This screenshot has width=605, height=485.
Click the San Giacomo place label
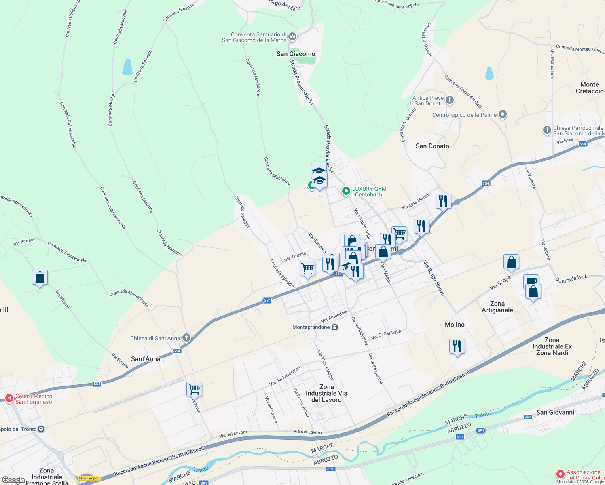(296, 54)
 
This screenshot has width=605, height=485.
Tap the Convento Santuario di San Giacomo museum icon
(292, 37)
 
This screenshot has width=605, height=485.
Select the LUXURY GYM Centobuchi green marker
(346, 191)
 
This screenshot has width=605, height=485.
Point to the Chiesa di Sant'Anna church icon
(186, 337)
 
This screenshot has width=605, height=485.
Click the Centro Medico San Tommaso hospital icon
(9, 399)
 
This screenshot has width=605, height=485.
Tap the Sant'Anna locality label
(146, 359)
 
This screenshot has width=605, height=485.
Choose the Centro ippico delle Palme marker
(503, 115)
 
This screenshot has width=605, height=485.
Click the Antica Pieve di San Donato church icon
(450, 99)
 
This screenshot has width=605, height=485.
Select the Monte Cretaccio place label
(589, 88)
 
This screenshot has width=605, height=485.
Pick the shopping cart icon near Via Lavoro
(194, 389)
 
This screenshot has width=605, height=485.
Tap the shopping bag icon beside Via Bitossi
(40, 277)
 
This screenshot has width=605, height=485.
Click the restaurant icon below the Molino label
(457, 346)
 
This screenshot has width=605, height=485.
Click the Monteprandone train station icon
(334, 327)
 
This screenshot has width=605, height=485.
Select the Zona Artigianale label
(497, 307)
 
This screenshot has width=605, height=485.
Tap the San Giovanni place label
(555, 412)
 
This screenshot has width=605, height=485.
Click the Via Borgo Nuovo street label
(434, 278)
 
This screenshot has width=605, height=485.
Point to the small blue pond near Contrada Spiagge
(127, 67)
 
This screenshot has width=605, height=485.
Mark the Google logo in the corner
(13, 480)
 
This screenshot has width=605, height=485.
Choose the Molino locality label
(455, 325)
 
